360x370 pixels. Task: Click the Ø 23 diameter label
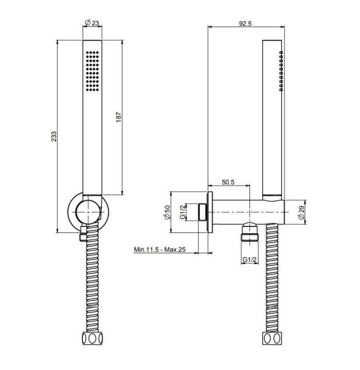pyautogui.click(x=92, y=23)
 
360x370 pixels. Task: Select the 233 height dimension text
pyautogui.click(x=54, y=136)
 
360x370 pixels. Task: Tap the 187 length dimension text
pyautogui.click(x=119, y=117)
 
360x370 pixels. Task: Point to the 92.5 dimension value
pyautogui.click(x=245, y=24)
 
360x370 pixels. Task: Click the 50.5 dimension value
pyautogui.click(x=228, y=182)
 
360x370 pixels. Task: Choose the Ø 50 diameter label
pyautogui.click(x=167, y=212)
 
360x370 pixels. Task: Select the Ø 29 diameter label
pyautogui.click(x=302, y=213)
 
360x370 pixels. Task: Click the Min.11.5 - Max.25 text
pyautogui.click(x=160, y=249)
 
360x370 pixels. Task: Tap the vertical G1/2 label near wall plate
pyautogui.click(x=182, y=212)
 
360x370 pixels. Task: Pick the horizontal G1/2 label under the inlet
pyautogui.click(x=249, y=259)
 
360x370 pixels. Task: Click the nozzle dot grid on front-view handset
pyautogui.click(x=93, y=71)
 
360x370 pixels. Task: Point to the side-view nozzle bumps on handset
pyautogui.click(x=281, y=71)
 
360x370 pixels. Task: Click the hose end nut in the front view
pyautogui.click(x=92, y=338)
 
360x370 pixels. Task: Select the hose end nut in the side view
pyautogui.click(x=272, y=338)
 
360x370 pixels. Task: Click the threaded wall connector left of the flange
pyautogui.click(x=202, y=212)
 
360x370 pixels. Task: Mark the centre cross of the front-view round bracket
pyautogui.click(x=88, y=212)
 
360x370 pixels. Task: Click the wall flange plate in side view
pyautogui.click(x=210, y=212)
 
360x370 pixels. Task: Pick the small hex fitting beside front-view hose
pyautogui.click(x=82, y=234)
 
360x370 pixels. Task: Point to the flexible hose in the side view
pyautogui.click(x=272, y=278)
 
